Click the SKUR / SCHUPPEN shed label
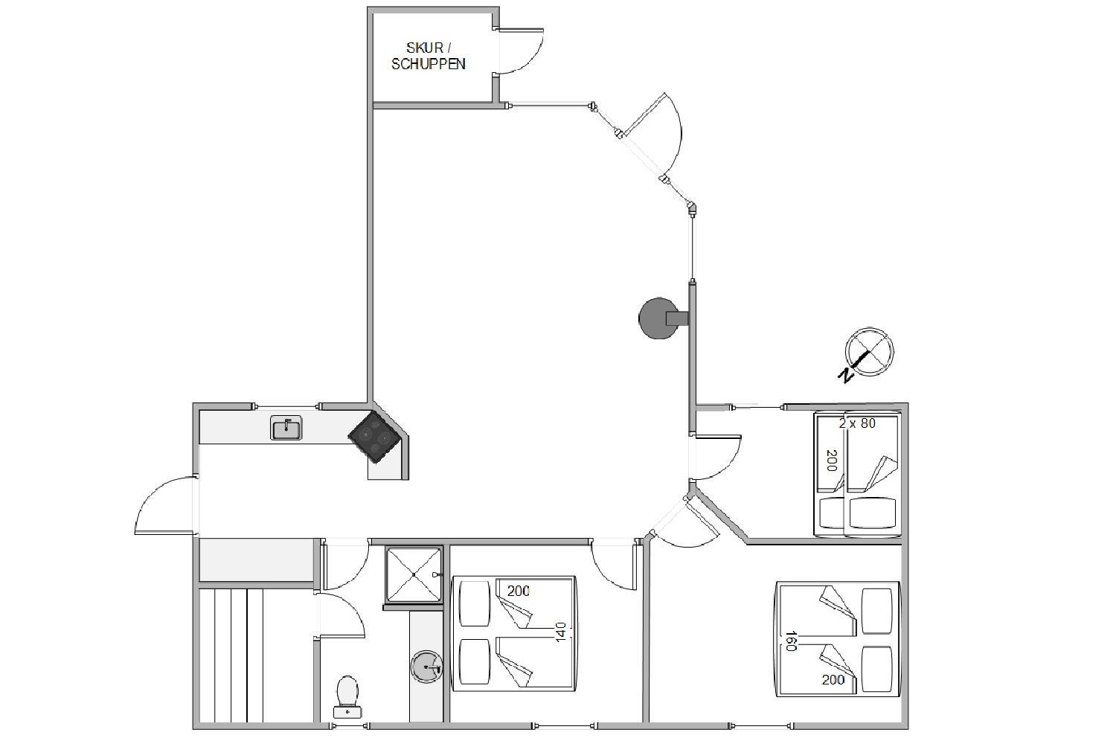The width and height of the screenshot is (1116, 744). (429, 56)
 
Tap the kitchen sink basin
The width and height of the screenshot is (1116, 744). (286, 428)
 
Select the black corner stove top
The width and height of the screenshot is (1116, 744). (375, 437)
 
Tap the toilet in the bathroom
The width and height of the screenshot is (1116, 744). (347, 698)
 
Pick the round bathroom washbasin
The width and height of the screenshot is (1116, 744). (426, 666)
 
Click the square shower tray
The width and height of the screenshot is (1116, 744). (414, 574)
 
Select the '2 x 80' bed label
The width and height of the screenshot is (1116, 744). (857, 423)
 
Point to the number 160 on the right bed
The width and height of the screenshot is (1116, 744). (791, 641)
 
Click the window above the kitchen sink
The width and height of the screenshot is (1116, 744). (286, 406)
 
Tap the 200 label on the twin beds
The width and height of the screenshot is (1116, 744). (832, 461)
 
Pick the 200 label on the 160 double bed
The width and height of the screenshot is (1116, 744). (833, 680)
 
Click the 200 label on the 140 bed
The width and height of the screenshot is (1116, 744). (518, 591)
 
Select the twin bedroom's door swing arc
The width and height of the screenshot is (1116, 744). (717, 458)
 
